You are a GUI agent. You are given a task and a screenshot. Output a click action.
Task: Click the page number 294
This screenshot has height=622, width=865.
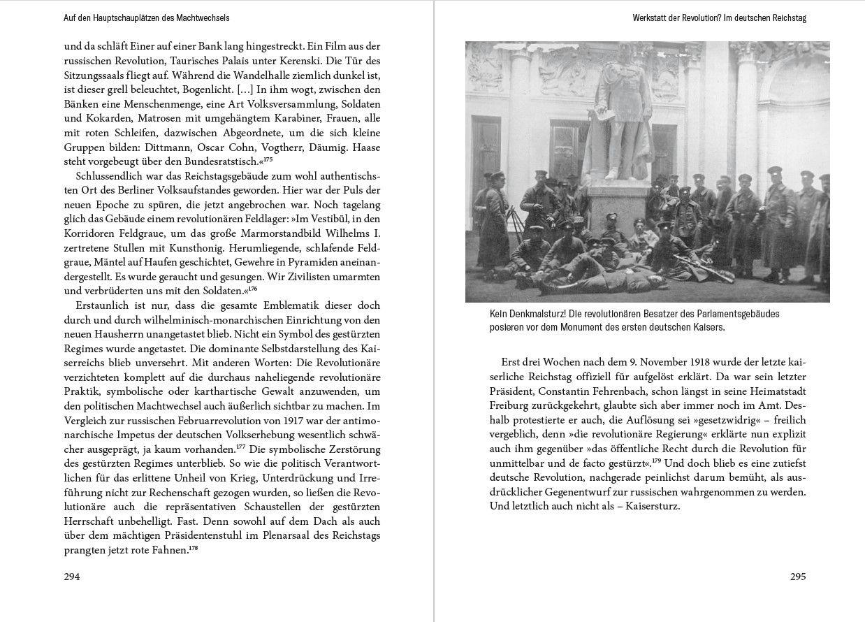pos(72,577)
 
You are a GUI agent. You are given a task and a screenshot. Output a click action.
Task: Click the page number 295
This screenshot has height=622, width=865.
pos(798,577)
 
